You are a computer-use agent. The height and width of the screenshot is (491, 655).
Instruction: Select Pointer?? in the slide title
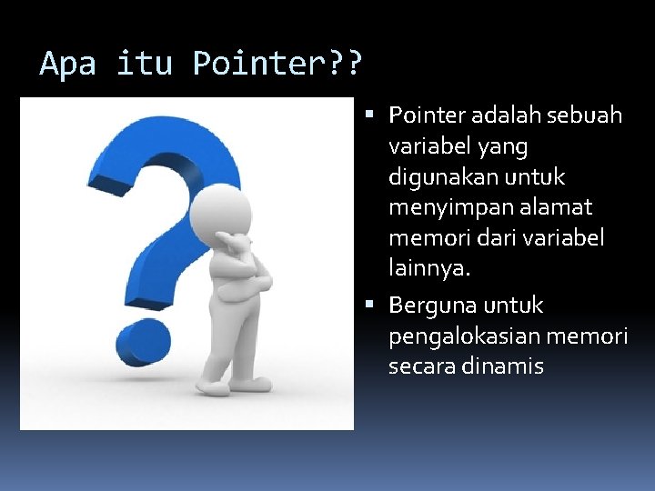pyautogui.click(x=277, y=64)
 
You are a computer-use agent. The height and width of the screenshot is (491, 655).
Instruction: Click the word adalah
pyautogui.click(x=499, y=115)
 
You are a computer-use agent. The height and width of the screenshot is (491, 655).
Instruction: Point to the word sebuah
pyautogui.click(x=587, y=115)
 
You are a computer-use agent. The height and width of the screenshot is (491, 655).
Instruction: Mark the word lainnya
pyautogui.click(x=429, y=269)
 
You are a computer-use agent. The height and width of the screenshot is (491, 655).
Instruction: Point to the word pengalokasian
pyautogui.click(x=461, y=336)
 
